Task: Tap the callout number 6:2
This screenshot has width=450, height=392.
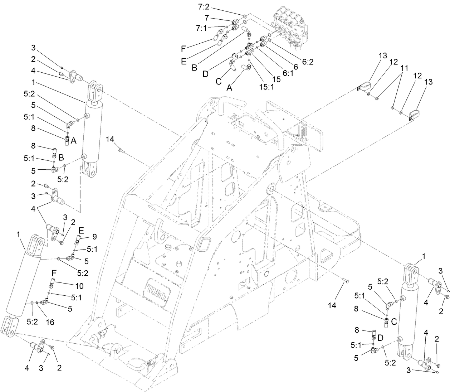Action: (x=308, y=62)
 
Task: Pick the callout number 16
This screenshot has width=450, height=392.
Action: (x=50, y=322)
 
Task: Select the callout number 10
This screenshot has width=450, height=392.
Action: (x=79, y=286)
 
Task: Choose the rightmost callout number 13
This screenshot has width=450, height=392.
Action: (x=429, y=82)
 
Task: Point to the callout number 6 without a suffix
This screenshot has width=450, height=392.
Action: (x=295, y=67)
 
